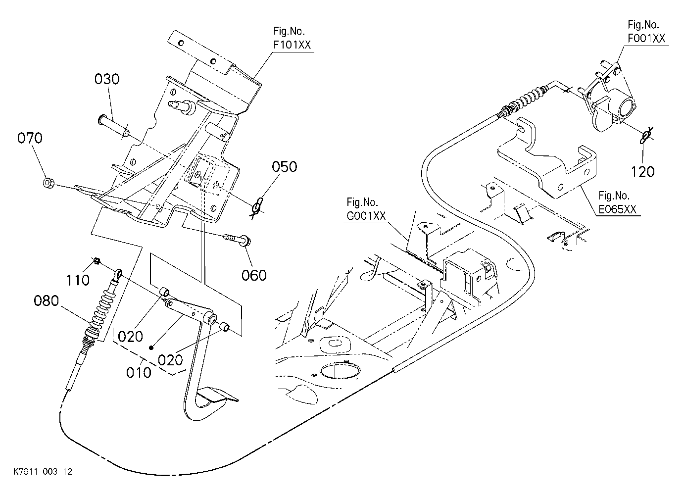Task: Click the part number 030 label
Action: coord(107,79)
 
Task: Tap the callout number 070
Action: coord(30,138)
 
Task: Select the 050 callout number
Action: coord(284,167)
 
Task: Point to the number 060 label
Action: coord(254,275)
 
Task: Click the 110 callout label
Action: coord(78,280)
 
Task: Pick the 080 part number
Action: coord(47,301)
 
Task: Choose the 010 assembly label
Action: coord(139,373)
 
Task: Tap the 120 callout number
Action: coord(643,172)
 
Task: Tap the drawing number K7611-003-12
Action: coord(43,472)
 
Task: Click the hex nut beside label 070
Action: coord(48,183)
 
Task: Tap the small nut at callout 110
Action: coord(97,261)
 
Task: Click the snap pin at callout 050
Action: coord(257,207)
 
